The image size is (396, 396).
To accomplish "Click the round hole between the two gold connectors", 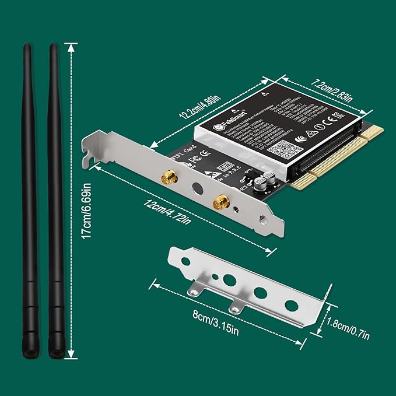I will (x=197, y=190).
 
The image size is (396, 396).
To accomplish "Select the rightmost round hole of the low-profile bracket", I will (x=289, y=304).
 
